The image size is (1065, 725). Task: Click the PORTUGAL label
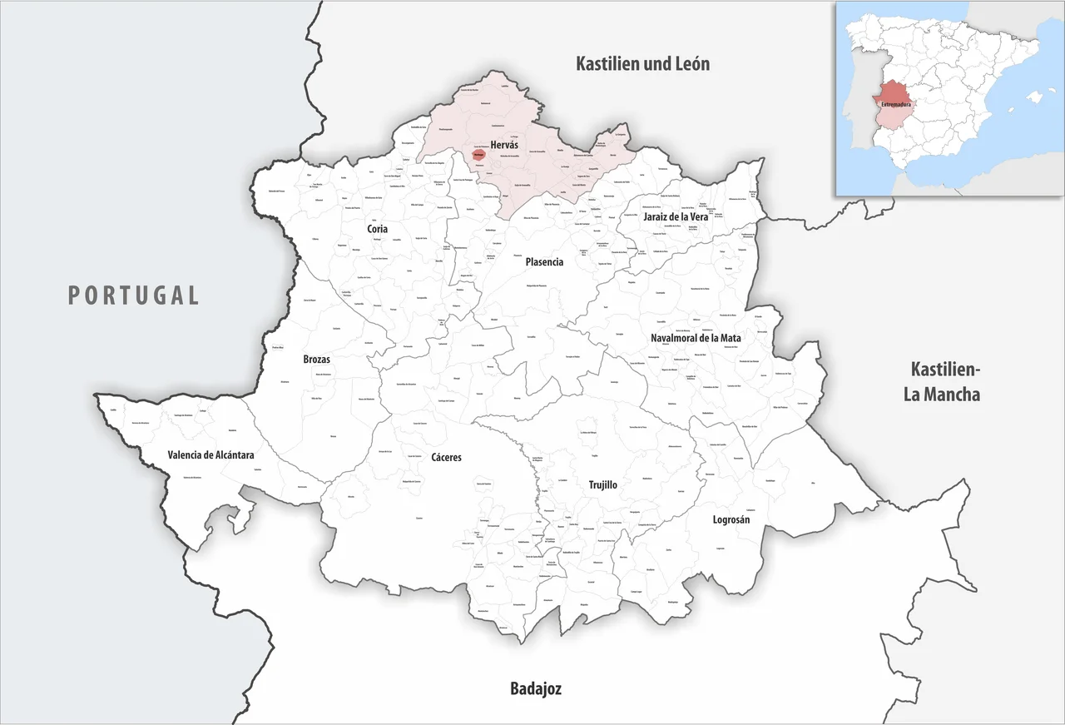tap(133, 295)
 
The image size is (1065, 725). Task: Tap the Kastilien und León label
tap(642, 63)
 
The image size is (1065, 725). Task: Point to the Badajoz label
tap(535, 688)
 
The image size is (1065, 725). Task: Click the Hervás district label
tap(504, 144)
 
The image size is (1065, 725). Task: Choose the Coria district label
tap(378, 229)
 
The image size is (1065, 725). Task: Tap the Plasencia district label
tap(544, 261)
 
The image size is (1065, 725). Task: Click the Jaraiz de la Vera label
tap(675, 216)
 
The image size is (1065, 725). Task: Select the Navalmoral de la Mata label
tap(696, 338)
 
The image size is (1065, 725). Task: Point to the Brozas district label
tap(316, 360)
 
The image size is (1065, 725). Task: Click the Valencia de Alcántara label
tap(211, 455)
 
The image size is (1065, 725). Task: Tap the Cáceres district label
tap(446, 457)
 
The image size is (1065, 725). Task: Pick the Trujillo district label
tap(602, 484)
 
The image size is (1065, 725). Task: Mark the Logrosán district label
tap(731, 519)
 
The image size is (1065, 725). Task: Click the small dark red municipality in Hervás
tap(478, 154)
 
